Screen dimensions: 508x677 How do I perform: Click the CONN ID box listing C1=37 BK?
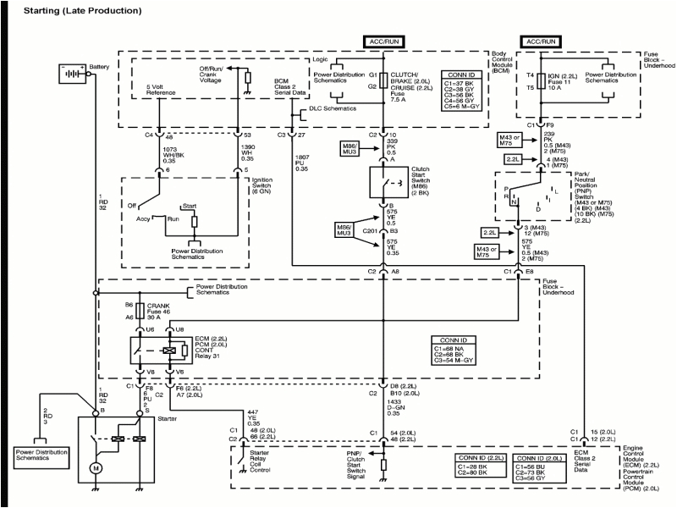click(462, 91)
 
